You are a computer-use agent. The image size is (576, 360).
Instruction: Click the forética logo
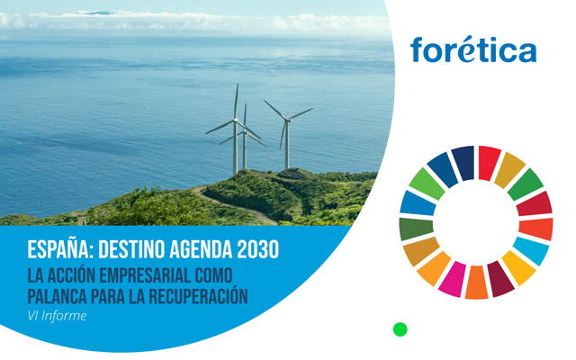pos(473,49)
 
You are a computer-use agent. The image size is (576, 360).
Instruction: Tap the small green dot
pos(400,329)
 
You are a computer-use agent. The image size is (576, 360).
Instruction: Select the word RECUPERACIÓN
pos(198,295)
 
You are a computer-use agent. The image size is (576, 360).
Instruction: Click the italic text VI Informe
pos(57,316)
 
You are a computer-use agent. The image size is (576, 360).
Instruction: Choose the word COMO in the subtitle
pos(214,275)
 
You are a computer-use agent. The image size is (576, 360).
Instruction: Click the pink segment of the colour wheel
pos(452,279)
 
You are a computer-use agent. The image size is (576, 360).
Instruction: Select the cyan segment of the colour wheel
pos(531,250)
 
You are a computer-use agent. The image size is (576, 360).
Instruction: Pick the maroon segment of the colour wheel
pos(500,278)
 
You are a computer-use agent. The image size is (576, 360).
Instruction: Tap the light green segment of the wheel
pos(427,184)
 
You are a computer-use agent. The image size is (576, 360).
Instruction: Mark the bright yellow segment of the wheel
pos(518,267)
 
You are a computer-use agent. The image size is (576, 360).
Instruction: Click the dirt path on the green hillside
pos(235,206)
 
